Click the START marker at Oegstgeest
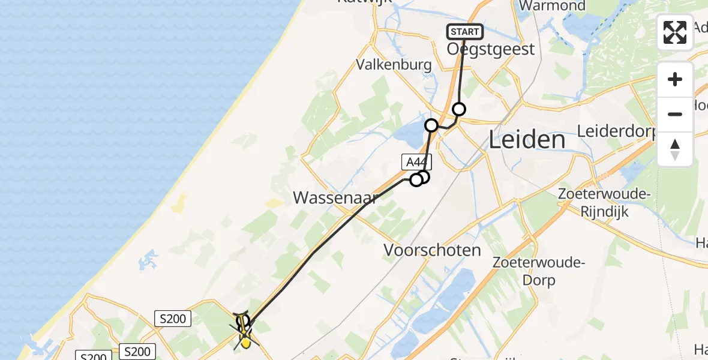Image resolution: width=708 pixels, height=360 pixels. [464, 32]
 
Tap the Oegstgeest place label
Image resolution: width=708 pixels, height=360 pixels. [490, 49]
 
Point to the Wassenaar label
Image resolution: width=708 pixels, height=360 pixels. [335, 197]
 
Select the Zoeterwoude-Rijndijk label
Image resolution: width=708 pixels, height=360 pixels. [604, 203]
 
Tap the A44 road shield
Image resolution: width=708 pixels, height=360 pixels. [416, 161]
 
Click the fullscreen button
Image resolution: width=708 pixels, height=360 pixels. [675, 32]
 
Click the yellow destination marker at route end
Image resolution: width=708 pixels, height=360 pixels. [245, 343]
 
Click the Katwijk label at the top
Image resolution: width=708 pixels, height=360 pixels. [365, 2]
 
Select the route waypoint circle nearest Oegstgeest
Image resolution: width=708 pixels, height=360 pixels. [459, 109]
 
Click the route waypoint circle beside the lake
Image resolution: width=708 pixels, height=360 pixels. [431, 125]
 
